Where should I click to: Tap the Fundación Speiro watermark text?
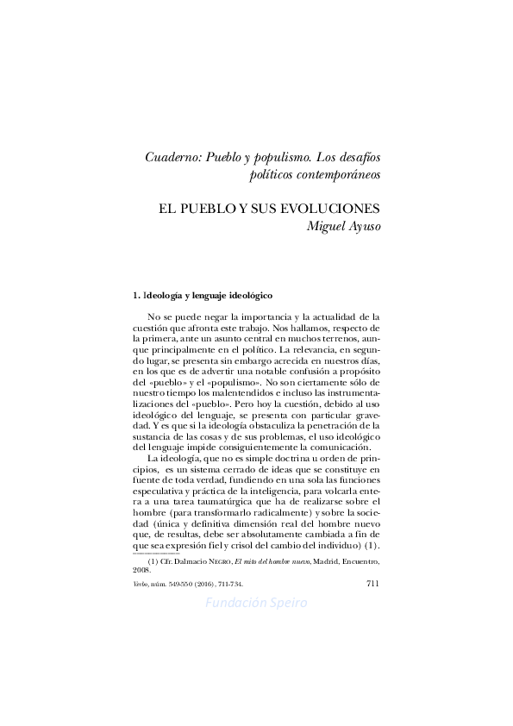[x=256, y=602]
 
